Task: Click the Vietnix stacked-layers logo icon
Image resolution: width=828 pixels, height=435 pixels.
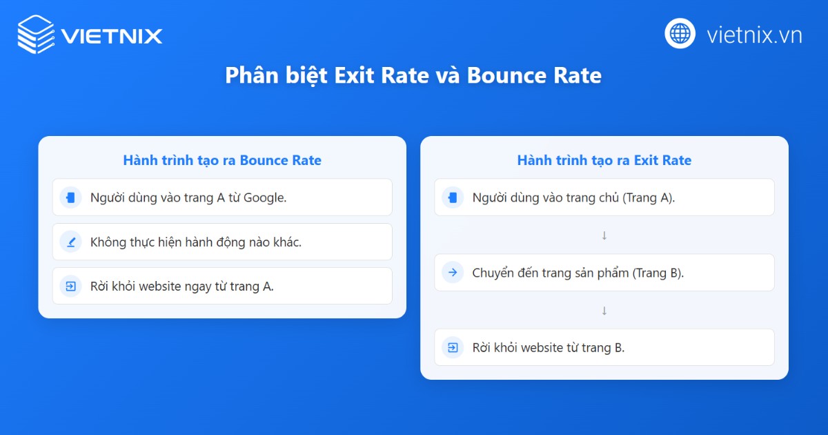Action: [x=36, y=35]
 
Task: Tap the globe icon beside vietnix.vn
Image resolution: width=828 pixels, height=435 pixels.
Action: [x=680, y=33]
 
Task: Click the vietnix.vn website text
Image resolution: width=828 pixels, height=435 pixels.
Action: [x=754, y=35]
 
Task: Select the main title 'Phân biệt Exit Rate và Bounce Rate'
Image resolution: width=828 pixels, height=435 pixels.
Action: [x=413, y=75]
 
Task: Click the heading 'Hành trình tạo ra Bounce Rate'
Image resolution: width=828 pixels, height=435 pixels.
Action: [x=222, y=160]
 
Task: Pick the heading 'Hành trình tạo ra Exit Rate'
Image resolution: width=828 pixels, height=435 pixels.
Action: [x=604, y=160]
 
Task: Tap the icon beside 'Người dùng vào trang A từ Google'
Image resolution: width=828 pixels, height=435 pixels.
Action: [x=70, y=197]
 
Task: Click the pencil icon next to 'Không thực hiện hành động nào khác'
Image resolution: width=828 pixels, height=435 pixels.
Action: [x=70, y=242]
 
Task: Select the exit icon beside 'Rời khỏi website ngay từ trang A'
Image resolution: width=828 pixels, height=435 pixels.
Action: [x=70, y=286]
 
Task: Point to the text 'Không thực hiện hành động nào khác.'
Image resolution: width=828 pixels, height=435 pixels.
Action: [x=196, y=242]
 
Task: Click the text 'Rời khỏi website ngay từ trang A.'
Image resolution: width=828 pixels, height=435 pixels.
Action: [x=182, y=286]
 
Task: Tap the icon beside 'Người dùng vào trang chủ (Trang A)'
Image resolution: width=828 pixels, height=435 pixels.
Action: [x=453, y=197]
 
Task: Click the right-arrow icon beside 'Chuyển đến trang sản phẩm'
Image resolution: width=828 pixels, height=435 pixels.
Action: [x=453, y=272]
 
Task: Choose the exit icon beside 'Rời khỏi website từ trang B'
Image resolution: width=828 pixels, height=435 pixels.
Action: [x=453, y=347]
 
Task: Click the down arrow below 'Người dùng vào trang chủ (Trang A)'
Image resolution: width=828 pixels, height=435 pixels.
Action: [x=604, y=235]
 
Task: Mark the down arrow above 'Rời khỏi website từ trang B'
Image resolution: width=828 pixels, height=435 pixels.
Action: [x=604, y=311]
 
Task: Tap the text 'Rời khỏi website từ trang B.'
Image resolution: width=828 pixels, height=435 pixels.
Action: [x=549, y=347]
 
